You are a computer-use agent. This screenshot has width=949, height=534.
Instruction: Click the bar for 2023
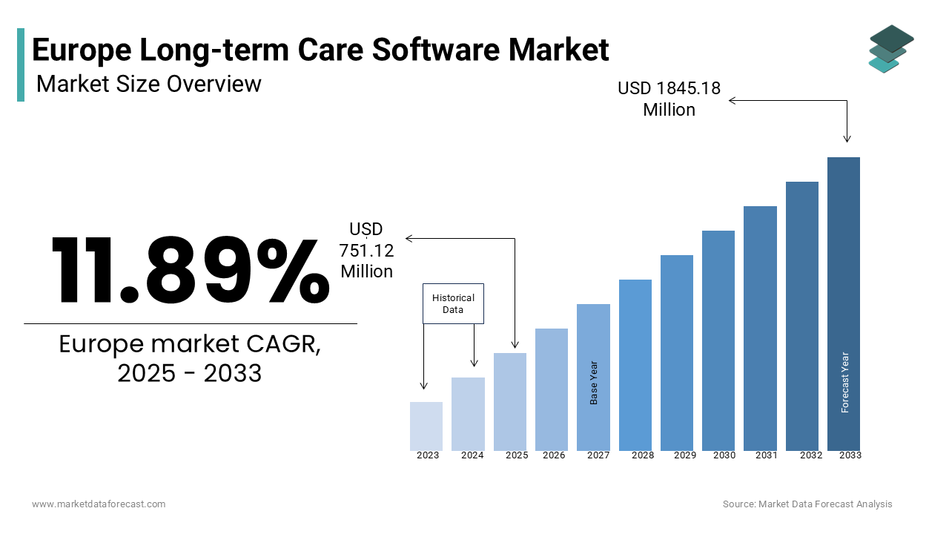coord(426,426)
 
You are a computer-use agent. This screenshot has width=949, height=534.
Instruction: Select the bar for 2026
coord(551,389)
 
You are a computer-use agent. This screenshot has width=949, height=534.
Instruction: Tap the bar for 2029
coord(676,352)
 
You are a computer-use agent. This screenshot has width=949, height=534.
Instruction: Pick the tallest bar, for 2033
coord(844,303)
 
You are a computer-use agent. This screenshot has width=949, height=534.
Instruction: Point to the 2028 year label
coord(643,455)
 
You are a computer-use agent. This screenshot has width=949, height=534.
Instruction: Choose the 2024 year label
coord(472,455)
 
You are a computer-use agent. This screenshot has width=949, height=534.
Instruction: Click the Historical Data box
coord(453,303)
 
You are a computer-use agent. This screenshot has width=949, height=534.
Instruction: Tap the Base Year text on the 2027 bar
coord(594,383)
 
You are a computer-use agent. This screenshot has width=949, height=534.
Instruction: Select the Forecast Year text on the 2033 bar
coord(844,382)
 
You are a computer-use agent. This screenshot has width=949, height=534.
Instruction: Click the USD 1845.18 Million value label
coord(669,99)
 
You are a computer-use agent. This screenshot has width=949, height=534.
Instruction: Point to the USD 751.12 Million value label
coord(367,251)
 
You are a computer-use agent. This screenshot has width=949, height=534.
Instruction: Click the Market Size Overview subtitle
coord(149,84)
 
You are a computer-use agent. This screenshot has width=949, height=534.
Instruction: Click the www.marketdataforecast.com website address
coord(99,504)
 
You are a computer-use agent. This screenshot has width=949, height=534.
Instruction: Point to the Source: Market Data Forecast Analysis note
coord(807,504)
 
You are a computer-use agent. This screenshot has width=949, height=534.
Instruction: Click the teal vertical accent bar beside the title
coord(21,65)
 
